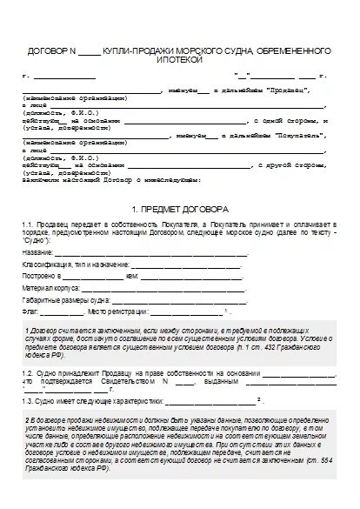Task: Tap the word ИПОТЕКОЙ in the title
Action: coord(180,62)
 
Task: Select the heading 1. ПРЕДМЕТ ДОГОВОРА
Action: coord(180,211)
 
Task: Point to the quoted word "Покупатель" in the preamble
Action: coord(277,137)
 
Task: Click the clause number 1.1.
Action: coord(30,225)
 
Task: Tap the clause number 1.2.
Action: coord(30,372)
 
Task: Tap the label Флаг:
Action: coord(31,311)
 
